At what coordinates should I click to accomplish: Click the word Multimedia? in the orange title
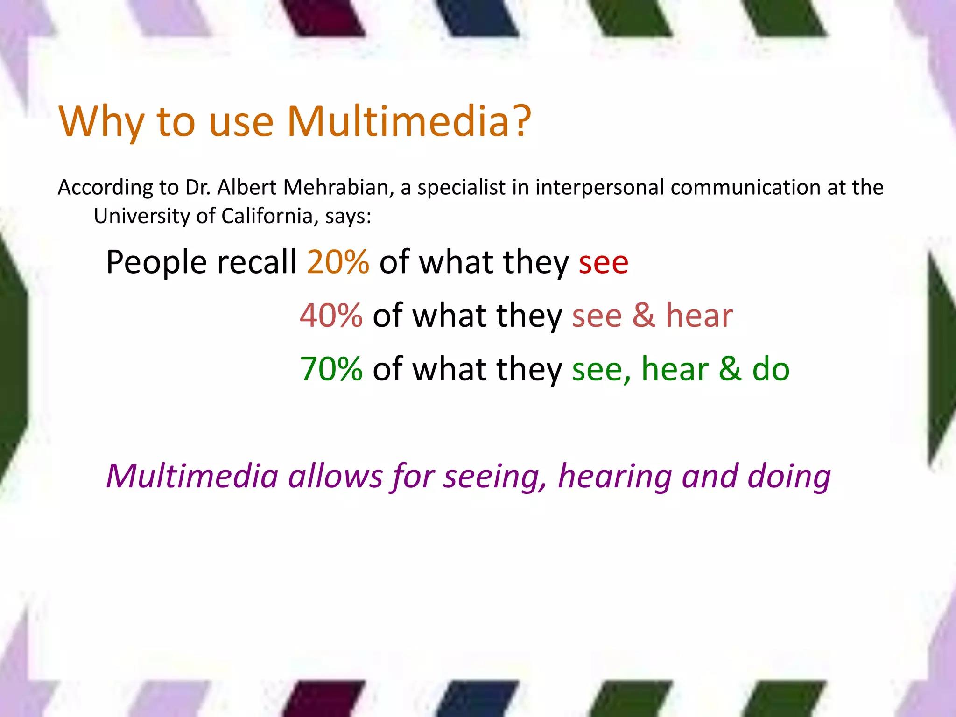pos(409,121)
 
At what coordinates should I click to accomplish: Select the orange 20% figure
pos(338,262)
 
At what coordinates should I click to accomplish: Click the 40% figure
pos(331,316)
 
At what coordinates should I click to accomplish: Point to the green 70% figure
pos(331,369)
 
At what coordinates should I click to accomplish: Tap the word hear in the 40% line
pos(699,316)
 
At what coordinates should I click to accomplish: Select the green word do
pos(771,369)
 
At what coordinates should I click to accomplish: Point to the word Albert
pos(247,188)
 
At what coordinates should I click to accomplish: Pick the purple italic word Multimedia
pos(192,477)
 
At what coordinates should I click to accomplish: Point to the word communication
pos(745,188)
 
